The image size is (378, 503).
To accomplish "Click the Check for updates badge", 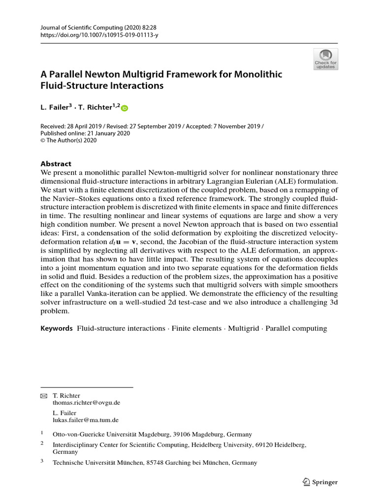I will (x=326, y=59).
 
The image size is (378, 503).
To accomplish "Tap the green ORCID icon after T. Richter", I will (x=124, y=109).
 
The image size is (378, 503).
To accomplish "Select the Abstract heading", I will (x=56, y=164).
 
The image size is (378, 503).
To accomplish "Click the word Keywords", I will (x=57, y=328).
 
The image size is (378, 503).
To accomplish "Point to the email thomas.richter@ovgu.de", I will (x=86, y=402).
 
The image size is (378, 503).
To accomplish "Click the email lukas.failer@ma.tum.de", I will (x=86, y=420).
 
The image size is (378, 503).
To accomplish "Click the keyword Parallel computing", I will (x=296, y=328).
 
